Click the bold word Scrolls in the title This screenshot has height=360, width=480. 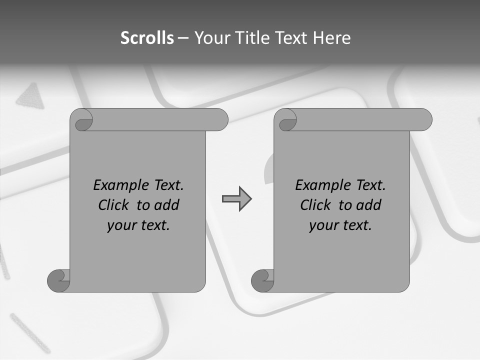[147, 38]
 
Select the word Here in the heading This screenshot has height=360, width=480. [332, 38]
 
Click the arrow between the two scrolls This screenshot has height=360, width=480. [236, 198]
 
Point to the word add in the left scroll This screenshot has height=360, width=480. [167, 205]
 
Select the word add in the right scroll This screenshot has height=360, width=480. [369, 205]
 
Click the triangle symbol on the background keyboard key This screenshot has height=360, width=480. [31, 95]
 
